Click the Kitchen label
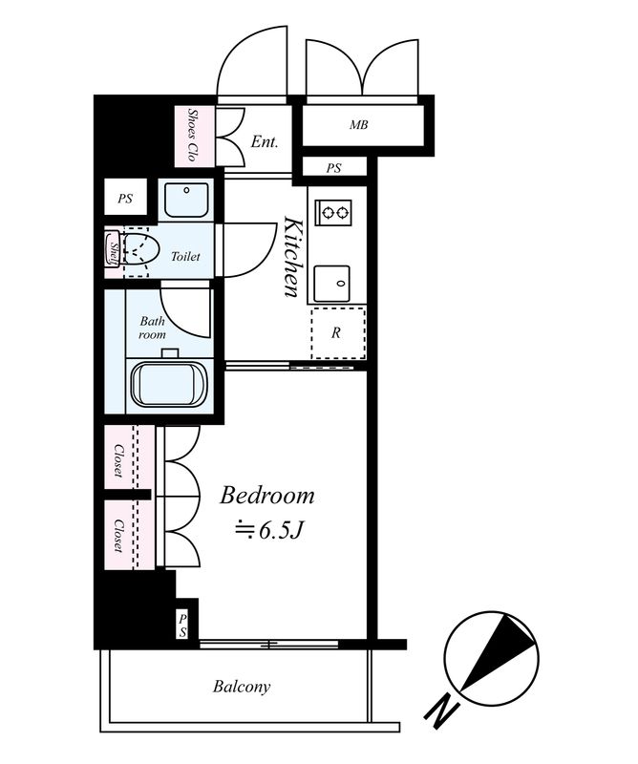point(293,258)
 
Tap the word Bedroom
point(267,496)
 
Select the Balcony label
point(242,687)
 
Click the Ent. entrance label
point(265,142)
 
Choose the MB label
point(358,125)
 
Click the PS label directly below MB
point(333,168)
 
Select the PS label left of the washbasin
point(125,200)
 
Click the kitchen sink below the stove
point(335,279)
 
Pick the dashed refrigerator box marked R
point(337,333)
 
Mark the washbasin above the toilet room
point(183,200)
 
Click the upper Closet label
point(118,459)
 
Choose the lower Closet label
point(118,536)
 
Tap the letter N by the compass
point(441,711)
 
